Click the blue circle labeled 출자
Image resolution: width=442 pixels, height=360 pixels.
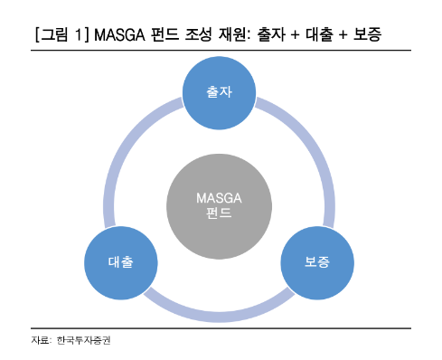(221, 91)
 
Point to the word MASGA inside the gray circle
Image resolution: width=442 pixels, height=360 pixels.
(220, 198)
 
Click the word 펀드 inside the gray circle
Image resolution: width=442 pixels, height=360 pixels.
(220, 214)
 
